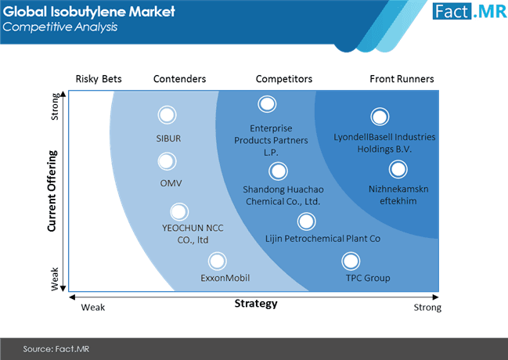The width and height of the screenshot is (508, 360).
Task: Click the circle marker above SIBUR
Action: [x=167, y=115]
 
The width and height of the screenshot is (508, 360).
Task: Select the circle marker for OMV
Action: [x=167, y=162]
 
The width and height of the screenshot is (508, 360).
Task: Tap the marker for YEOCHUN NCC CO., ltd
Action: [x=179, y=211]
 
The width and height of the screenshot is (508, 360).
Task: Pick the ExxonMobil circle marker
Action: [x=218, y=261]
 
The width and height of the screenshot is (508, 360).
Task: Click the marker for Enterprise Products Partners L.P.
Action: [x=267, y=104]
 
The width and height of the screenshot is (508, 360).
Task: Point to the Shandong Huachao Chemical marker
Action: [x=277, y=171]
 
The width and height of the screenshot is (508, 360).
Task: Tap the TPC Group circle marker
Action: [x=351, y=261]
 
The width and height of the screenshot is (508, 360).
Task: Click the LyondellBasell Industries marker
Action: [x=380, y=117]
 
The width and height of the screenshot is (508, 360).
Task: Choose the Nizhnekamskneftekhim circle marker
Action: [x=398, y=168]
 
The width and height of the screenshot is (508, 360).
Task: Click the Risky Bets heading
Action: [x=99, y=79]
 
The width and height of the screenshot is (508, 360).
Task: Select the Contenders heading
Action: [x=179, y=79]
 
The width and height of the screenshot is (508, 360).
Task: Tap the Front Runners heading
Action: [x=402, y=79]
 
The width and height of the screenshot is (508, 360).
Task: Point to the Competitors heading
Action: [x=284, y=79]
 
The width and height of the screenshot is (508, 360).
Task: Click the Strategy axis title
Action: [x=256, y=304]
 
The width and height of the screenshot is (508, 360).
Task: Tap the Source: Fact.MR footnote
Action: [x=50, y=348]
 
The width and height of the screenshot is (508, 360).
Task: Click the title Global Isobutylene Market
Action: [x=87, y=12]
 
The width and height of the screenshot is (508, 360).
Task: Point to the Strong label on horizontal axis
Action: [x=427, y=308]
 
